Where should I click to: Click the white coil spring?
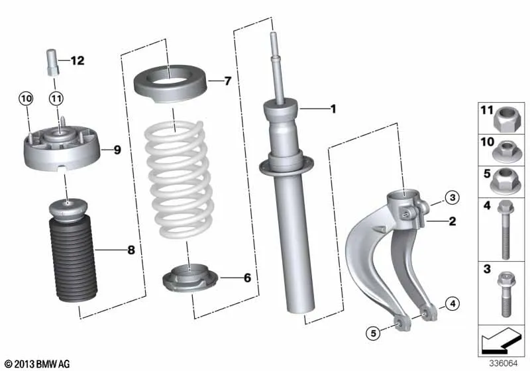click(179, 179)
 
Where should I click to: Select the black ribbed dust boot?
click(74, 260)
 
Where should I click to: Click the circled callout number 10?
click(26, 99)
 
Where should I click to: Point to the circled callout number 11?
click(56, 99)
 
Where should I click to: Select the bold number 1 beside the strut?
click(333, 109)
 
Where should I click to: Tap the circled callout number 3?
click(452, 197)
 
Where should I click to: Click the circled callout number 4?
click(452, 303)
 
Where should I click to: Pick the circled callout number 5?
click(373, 333)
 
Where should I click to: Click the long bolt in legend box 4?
click(505, 230)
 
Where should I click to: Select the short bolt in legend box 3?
click(505, 294)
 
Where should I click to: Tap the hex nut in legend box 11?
click(505, 120)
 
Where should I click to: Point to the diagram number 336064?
click(503, 363)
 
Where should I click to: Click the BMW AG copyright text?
click(38, 364)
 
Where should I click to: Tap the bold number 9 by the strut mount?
click(117, 150)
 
